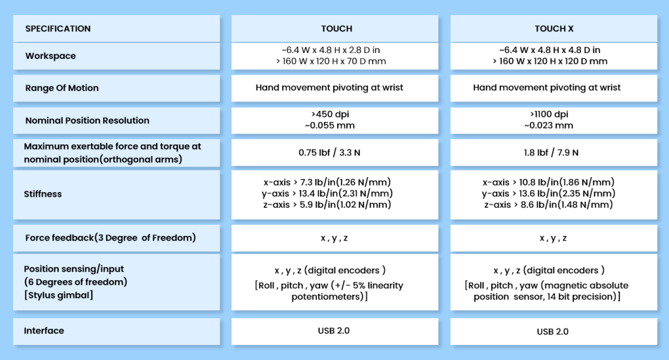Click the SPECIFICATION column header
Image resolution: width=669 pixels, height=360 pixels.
pyautogui.click(x=57, y=29)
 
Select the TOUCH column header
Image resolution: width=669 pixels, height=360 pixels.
pyautogui.click(x=336, y=29)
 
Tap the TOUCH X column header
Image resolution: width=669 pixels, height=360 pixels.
pyautogui.click(x=554, y=29)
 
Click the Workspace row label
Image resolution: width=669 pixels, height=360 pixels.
pyautogui.click(x=50, y=56)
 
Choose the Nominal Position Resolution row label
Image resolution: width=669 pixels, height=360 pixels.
pyautogui.click(x=87, y=121)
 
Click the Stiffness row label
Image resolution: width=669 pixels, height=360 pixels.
pyautogui.click(x=43, y=194)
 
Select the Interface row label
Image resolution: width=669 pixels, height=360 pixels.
pyautogui.click(x=44, y=331)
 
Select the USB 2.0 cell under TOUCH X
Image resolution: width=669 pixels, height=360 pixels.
pyautogui.click(x=553, y=331)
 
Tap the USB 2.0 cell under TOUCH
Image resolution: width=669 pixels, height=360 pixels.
pyautogui.click(x=333, y=331)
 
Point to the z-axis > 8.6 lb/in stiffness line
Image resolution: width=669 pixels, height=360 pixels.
pyautogui.click(x=548, y=205)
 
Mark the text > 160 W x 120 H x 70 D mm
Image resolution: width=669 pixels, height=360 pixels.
pyautogui.click(x=331, y=61)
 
